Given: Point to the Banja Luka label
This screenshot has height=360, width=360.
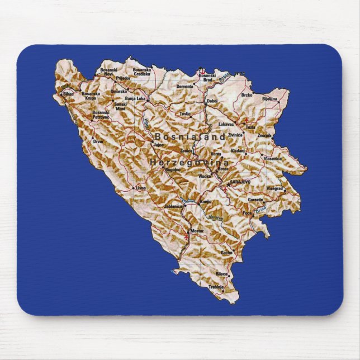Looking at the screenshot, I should pos(135,98).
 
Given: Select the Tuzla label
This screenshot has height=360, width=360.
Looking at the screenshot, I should pos(250,127).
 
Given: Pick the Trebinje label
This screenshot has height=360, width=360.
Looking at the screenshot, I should pos(216,287).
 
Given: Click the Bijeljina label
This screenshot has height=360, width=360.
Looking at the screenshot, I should pos(270,98).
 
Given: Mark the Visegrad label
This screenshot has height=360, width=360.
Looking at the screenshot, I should pos(275,188).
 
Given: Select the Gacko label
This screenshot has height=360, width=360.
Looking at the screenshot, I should pos(226,252).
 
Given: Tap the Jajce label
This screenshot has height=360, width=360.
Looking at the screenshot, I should pos(159,144).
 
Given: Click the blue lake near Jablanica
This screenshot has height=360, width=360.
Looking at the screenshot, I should pos(188,200).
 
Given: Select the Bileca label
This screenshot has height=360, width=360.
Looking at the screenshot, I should pos(222,274).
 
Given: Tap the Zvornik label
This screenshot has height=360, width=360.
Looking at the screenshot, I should pos(264,135).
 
